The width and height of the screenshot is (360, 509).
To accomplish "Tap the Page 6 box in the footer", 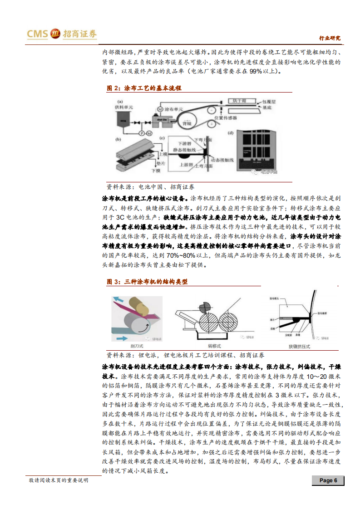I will coord(328,480).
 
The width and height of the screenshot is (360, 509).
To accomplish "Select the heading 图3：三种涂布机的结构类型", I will coord(147,282).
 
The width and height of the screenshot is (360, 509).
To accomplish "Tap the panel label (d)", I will coord(230,132).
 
